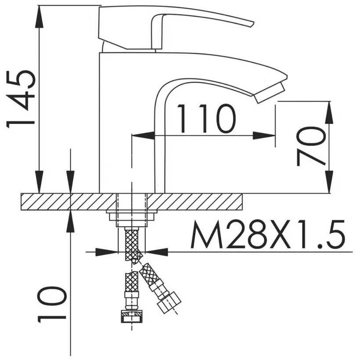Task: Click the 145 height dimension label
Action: click(21, 99)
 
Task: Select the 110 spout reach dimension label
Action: click(206, 119)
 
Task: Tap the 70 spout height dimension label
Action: click(311, 146)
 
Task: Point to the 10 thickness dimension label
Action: click(52, 304)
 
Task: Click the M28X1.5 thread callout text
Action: click(268, 234)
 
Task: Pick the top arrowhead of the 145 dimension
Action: click(39, 16)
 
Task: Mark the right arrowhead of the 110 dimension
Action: click(264, 135)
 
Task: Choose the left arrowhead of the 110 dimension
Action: click(143, 135)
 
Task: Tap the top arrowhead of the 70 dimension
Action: click(329, 113)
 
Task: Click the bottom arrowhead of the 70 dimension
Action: click(329, 182)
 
